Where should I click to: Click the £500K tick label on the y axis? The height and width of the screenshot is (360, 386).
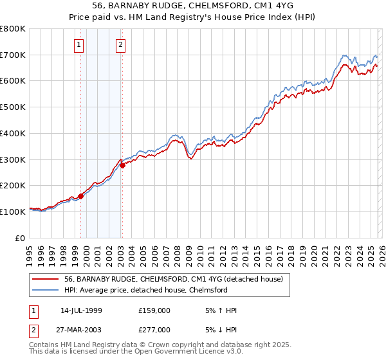pos(13,107)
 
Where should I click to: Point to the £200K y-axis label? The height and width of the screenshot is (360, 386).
pos(13,186)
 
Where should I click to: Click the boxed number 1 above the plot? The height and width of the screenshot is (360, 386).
pos(78,44)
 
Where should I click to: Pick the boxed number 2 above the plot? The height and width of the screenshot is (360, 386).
pos(120,44)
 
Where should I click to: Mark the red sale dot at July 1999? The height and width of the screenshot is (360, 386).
pos(81,196)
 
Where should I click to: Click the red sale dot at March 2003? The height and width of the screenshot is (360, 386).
pos(123,165)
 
